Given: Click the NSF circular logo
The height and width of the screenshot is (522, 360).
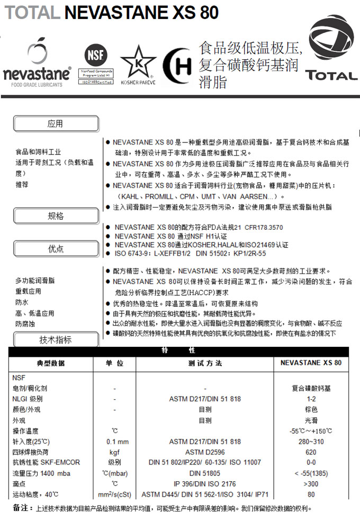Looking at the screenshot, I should click(x=96, y=55).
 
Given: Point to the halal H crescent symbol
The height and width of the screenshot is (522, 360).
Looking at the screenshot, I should click(x=177, y=67).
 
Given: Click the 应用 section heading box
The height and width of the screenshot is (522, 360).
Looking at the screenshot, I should click(x=56, y=124).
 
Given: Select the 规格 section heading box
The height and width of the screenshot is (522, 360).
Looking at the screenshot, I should click(x=56, y=216).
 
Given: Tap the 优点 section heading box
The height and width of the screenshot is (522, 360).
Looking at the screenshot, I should click(x=56, y=249).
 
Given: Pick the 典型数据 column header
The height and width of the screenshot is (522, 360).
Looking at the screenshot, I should click(x=50, y=363).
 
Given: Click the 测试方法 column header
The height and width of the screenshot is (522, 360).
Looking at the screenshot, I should click(x=205, y=363).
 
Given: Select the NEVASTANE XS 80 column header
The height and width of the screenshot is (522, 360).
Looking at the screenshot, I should click(x=311, y=363).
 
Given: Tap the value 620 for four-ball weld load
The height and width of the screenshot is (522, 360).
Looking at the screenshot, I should click(x=311, y=452).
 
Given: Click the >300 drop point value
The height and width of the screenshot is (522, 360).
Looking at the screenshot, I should click(x=311, y=484).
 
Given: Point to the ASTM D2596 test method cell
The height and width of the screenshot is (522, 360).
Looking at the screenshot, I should click(x=205, y=452).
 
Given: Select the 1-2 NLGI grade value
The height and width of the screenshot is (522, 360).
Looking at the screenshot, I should click(x=311, y=399).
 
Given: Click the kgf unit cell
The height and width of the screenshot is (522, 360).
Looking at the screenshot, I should click(x=115, y=452).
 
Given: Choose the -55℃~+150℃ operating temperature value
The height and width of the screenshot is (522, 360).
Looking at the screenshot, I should click(x=311, y=431).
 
